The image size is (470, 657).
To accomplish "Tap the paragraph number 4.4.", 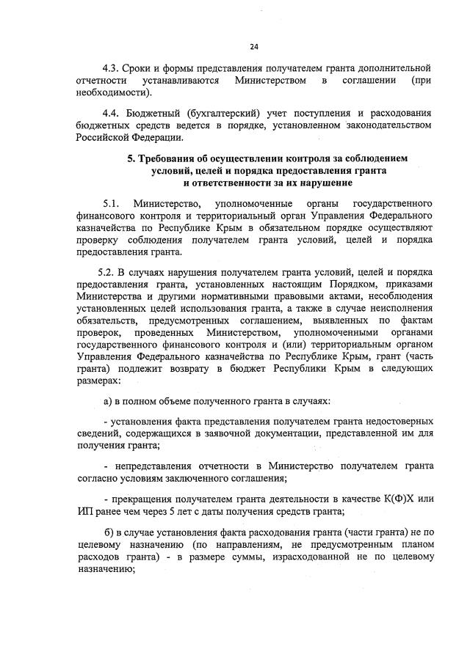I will point(110,113).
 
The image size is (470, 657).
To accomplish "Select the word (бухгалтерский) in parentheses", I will point(221,113).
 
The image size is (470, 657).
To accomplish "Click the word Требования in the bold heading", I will point(168,158).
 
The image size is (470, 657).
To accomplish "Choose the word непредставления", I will point(156,466).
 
